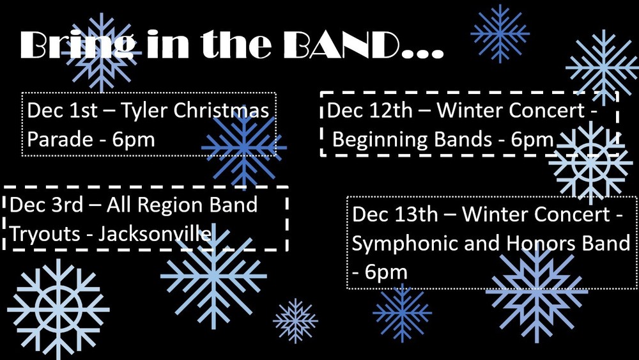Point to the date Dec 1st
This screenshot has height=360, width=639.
62,111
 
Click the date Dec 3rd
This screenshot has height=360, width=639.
47,205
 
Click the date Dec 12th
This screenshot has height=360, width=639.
370,111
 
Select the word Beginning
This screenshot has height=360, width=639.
381,139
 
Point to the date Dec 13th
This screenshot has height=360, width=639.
395,214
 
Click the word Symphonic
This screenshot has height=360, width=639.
403,244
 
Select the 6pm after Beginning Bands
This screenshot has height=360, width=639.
532,139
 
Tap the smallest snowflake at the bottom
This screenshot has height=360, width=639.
295,320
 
